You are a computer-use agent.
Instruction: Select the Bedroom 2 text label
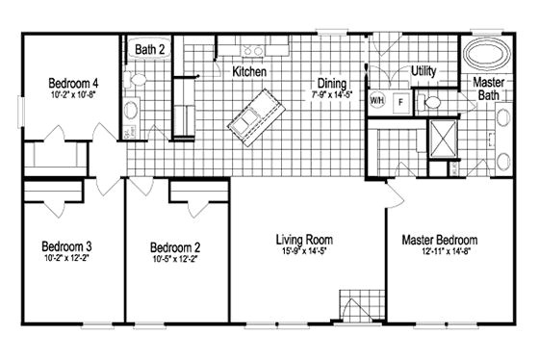click(174, 244)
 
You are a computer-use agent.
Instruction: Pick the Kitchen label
click(249, 72)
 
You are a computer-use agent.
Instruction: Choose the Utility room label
click(423, 70)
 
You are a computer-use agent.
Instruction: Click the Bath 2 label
click(149, 47)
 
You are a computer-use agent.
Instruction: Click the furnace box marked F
click(399, 99)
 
